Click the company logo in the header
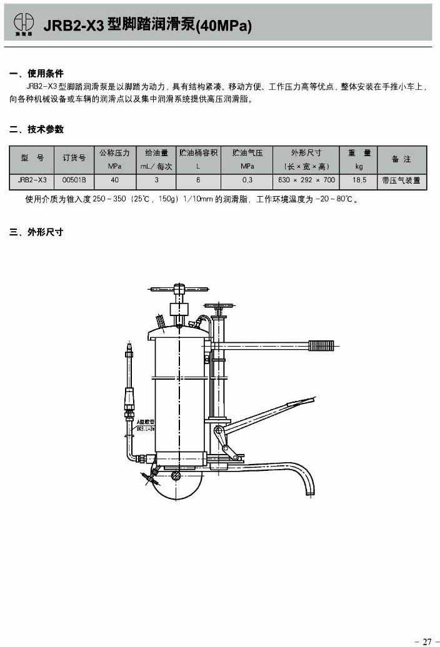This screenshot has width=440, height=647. (25, 24)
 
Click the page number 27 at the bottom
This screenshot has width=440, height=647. (427, 641)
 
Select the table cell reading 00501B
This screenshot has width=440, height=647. (74, 180)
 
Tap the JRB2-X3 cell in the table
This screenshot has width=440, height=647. (32, 180)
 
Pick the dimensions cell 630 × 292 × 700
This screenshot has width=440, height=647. (306, 180)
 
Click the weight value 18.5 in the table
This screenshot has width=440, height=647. (359, 180)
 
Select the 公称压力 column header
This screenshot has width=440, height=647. (114, 159)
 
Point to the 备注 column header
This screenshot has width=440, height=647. (401, 159)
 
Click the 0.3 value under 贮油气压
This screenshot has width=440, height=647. (247, 180)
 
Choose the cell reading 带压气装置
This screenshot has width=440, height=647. (401, 180)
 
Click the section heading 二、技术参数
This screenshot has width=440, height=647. (36, 130)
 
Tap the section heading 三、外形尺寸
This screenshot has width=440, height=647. (36, 232)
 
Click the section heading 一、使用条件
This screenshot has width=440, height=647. (36, 74)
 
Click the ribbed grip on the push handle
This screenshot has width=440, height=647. (322, 344)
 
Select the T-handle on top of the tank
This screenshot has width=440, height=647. (179, 289)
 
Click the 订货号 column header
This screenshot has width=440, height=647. (74, 159)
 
